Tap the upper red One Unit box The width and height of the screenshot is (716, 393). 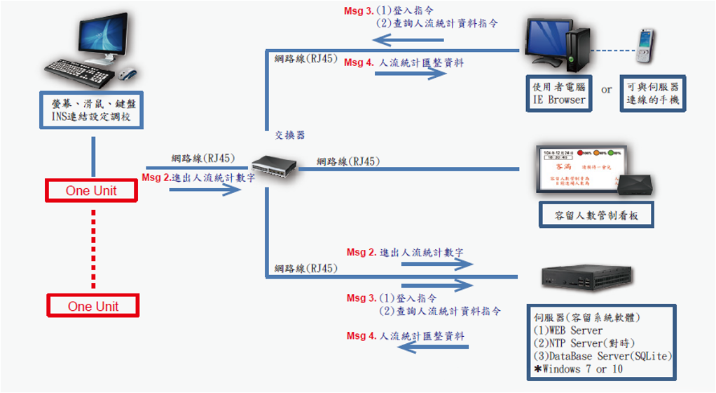click(x=92, y=191)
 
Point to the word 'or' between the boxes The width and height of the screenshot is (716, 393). click(x=607, y=90)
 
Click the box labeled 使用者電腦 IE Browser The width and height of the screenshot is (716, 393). click(x=559, y=94)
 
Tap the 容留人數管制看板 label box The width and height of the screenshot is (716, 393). click(x=598, y=215)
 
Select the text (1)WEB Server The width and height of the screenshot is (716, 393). click(x=568, y=330)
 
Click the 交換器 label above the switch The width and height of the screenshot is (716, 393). click(x=290, y=135)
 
